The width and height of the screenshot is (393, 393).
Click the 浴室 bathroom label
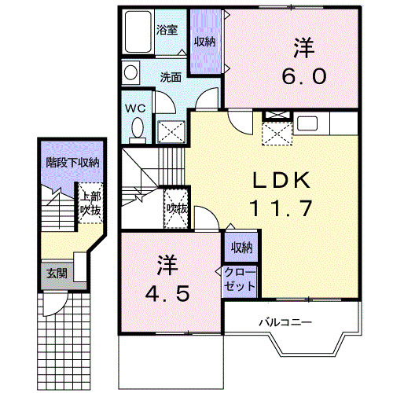point(166,31)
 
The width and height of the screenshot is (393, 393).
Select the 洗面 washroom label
point(171,77)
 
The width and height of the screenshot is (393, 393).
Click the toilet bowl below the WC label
point(137,127)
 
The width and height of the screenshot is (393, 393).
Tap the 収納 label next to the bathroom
point(206,42)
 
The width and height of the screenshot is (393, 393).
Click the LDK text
point(281,181)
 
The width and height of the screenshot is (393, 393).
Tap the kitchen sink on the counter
point(307,124)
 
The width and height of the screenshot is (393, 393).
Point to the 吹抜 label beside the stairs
point(175,208)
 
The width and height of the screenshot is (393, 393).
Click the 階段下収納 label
point(72,163)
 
